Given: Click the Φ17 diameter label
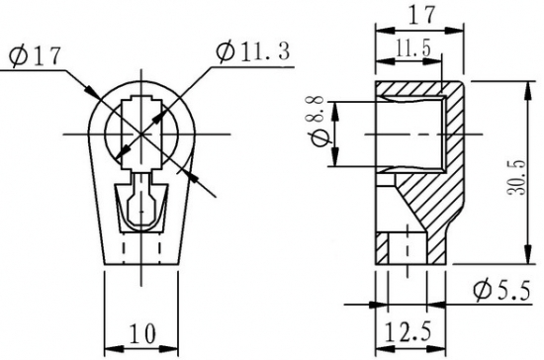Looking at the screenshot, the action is [x=35, y=56].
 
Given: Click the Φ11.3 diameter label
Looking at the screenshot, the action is [x=252, y=51].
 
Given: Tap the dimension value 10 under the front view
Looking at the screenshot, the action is [x=142, y=333].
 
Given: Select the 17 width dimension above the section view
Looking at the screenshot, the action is [x=421, y=15].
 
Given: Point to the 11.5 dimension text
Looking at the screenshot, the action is [x=412, y=47].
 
